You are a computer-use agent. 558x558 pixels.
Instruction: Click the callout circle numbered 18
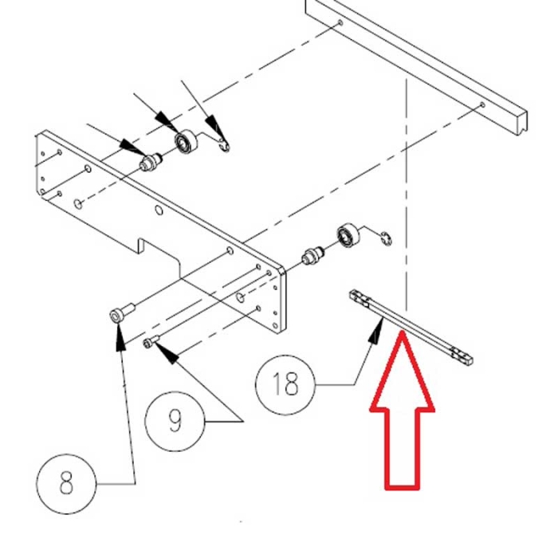[285, 385]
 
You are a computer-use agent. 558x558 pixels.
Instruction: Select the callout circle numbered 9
[175, 420]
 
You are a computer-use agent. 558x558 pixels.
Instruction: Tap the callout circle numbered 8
[66, 481]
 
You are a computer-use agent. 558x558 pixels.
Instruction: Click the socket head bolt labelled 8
[119, 315]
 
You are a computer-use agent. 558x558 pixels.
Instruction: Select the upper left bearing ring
[186, 143]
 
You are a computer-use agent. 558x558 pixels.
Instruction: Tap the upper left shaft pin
[149, 163]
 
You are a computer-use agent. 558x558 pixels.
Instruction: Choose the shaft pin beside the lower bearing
[311, 257]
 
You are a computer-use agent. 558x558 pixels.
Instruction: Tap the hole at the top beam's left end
[341, 23]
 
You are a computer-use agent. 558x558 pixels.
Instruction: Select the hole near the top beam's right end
[482, 105]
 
